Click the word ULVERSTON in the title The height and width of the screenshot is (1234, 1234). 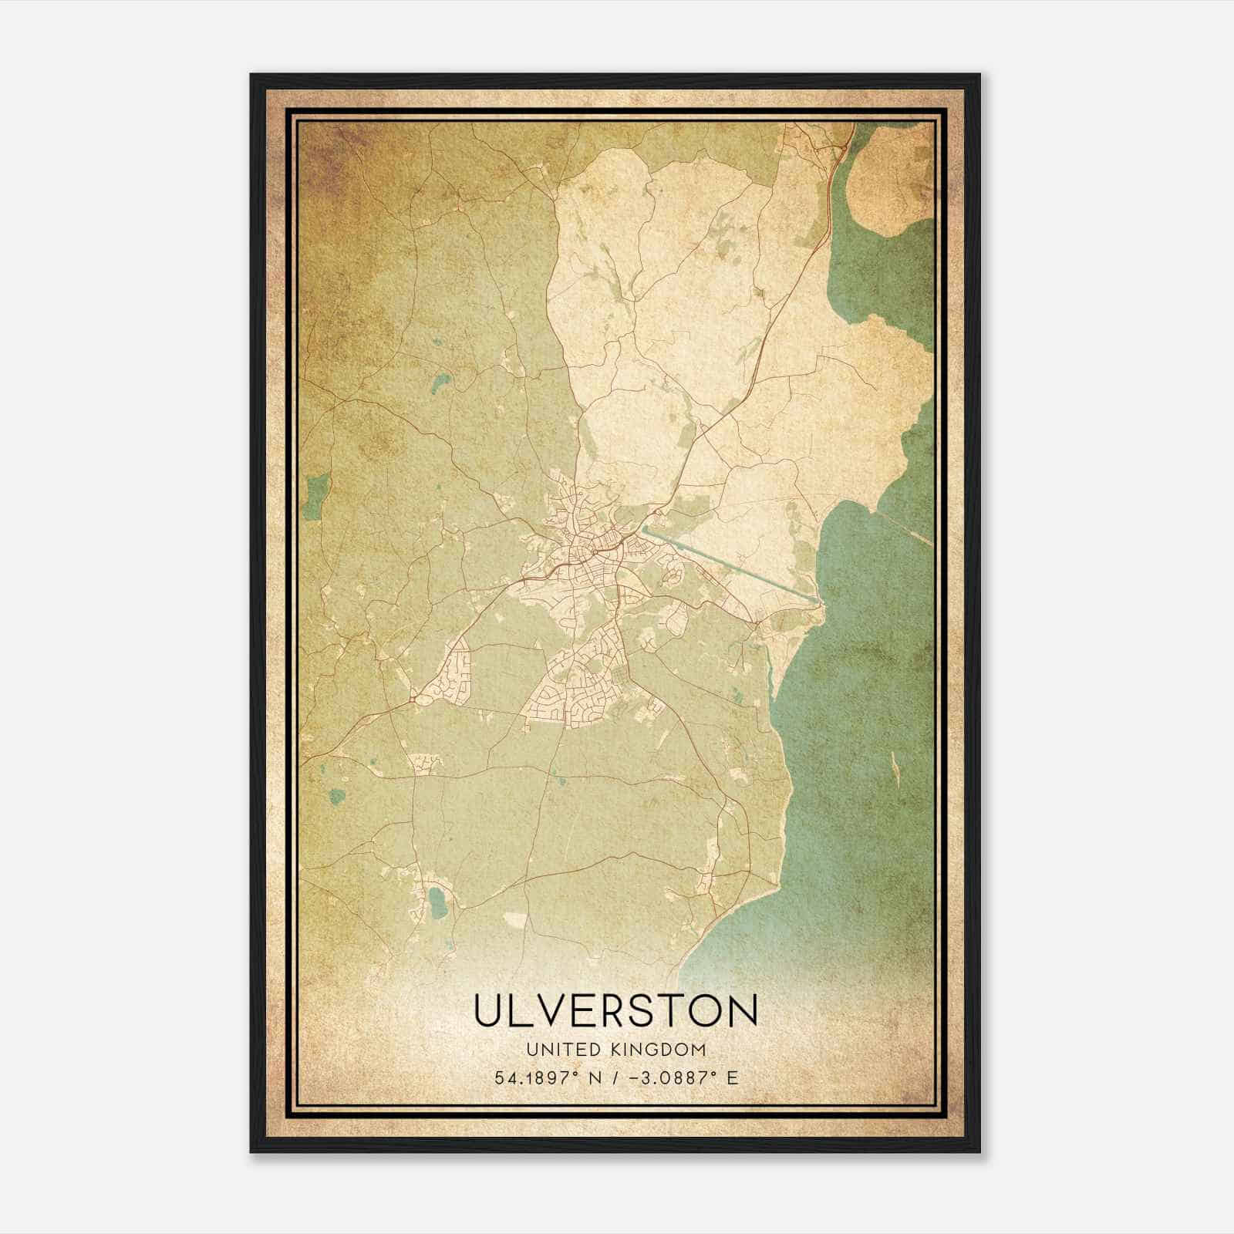click(615, 1011)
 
